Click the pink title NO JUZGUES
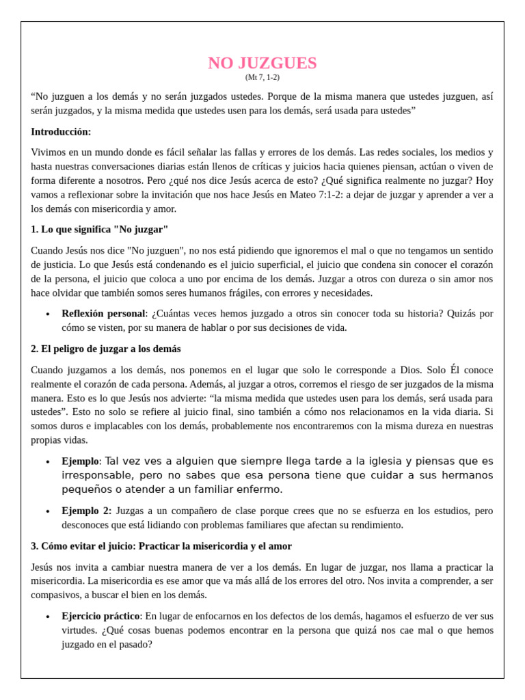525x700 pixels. (262, 63)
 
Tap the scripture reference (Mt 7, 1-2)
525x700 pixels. (262, 77)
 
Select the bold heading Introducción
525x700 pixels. (61, 131)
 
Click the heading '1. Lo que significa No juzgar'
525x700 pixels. (99, 229)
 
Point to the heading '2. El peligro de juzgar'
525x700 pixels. (106, 349)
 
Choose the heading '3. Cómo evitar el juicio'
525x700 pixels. (161, 546)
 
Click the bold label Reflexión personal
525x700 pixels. (103, 313)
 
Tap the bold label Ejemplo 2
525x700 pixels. (86, 511)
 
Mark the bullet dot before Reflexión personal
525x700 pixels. (47, 314)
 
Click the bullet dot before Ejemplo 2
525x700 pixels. (47, 511)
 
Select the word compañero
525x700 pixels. (179, 511)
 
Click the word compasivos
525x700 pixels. (57, 595)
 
